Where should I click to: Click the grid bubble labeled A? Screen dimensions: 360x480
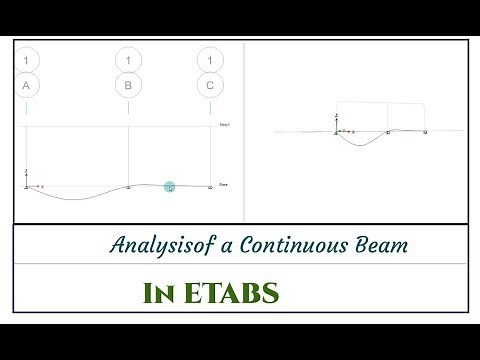point(27,85)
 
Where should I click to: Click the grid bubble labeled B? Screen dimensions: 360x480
point(129,85)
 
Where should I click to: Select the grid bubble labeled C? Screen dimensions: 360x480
point(209,85)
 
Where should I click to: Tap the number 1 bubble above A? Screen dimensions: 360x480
point(27,61)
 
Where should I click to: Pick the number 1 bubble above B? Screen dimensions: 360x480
point(129,61)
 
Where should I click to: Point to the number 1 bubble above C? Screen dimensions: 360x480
point(209,61)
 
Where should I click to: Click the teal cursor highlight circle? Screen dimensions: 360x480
point(170,187)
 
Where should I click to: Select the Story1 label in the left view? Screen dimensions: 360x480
point(225,125)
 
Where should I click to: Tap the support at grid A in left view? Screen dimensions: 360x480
point(27,187)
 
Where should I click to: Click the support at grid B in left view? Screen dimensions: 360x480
point(129,187)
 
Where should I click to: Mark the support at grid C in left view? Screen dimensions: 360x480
point(209,187)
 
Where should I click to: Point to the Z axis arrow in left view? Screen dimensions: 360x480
point(27,174)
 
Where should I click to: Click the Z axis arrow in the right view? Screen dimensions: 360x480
point(337,122)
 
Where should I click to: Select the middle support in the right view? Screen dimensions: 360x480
point(387,132)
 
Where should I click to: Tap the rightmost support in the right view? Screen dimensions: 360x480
point(427,132)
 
